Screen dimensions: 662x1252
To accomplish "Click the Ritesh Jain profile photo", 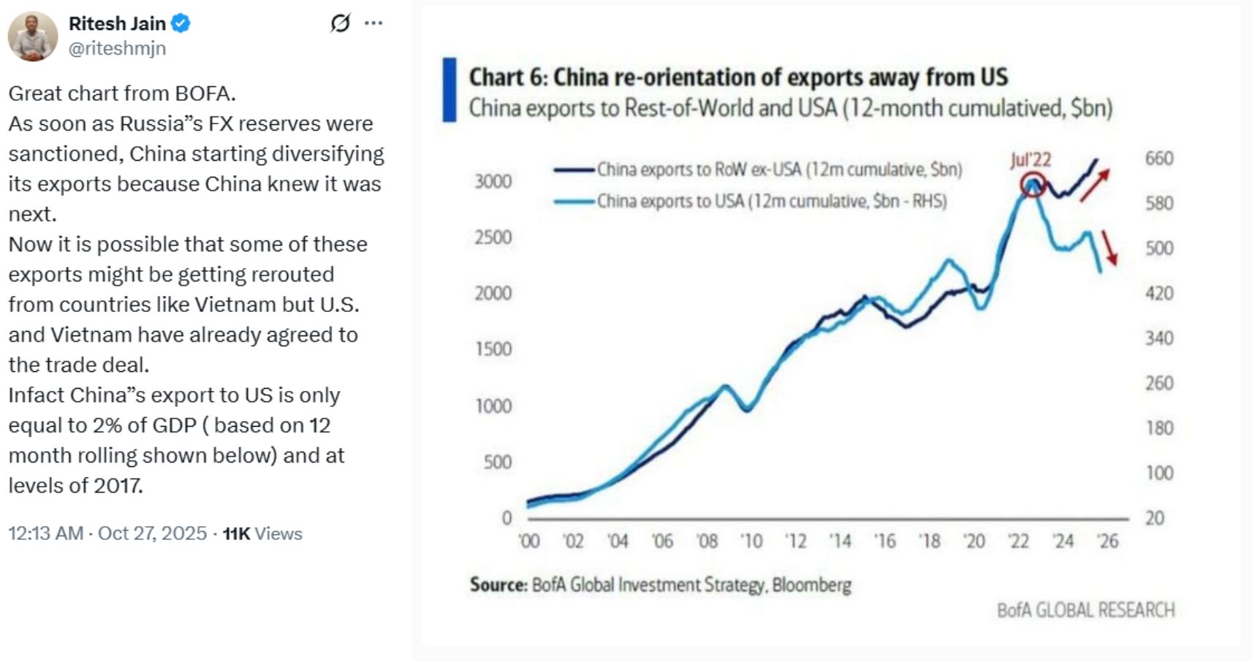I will point(33,37).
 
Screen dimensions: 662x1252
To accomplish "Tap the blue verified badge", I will point(181,23).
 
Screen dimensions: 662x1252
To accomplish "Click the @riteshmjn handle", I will point(117,48).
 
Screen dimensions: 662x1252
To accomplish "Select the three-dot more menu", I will point(373,23).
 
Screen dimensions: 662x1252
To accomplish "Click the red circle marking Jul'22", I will point(1032,184).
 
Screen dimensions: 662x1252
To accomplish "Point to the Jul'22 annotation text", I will point(1031,160).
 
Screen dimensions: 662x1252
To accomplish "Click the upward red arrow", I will point(1095,185).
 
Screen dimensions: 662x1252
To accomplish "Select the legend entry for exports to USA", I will point(771,201).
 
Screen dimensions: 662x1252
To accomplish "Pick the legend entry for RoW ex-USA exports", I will point(778,170).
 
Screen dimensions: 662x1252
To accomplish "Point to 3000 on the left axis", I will point(493,181).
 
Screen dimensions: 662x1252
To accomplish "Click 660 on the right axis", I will point(1159,159).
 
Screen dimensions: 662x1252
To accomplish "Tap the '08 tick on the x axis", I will point(707,541).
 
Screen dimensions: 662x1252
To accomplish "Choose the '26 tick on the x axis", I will point(1108,541).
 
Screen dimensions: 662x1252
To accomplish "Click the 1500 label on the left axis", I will point(493,349).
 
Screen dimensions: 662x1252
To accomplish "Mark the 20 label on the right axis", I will point(1155,518).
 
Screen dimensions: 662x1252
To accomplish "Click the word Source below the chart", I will point(498,585).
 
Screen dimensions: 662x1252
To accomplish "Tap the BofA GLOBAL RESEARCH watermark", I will point(1086,610).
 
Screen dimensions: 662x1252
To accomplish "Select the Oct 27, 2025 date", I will point(152,533).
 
